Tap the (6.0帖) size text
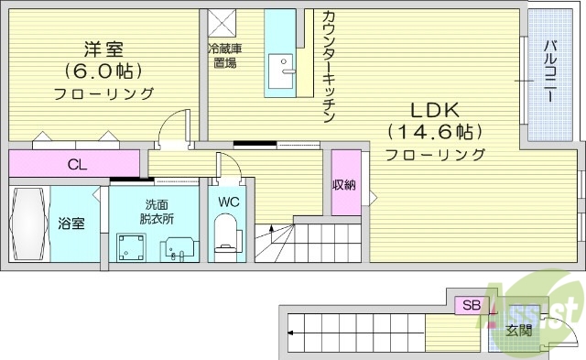point(103,70)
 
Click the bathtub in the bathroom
point(27,224)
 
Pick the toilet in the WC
point(224,235)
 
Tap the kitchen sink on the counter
point(281,67)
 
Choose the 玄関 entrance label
point(517,331)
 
